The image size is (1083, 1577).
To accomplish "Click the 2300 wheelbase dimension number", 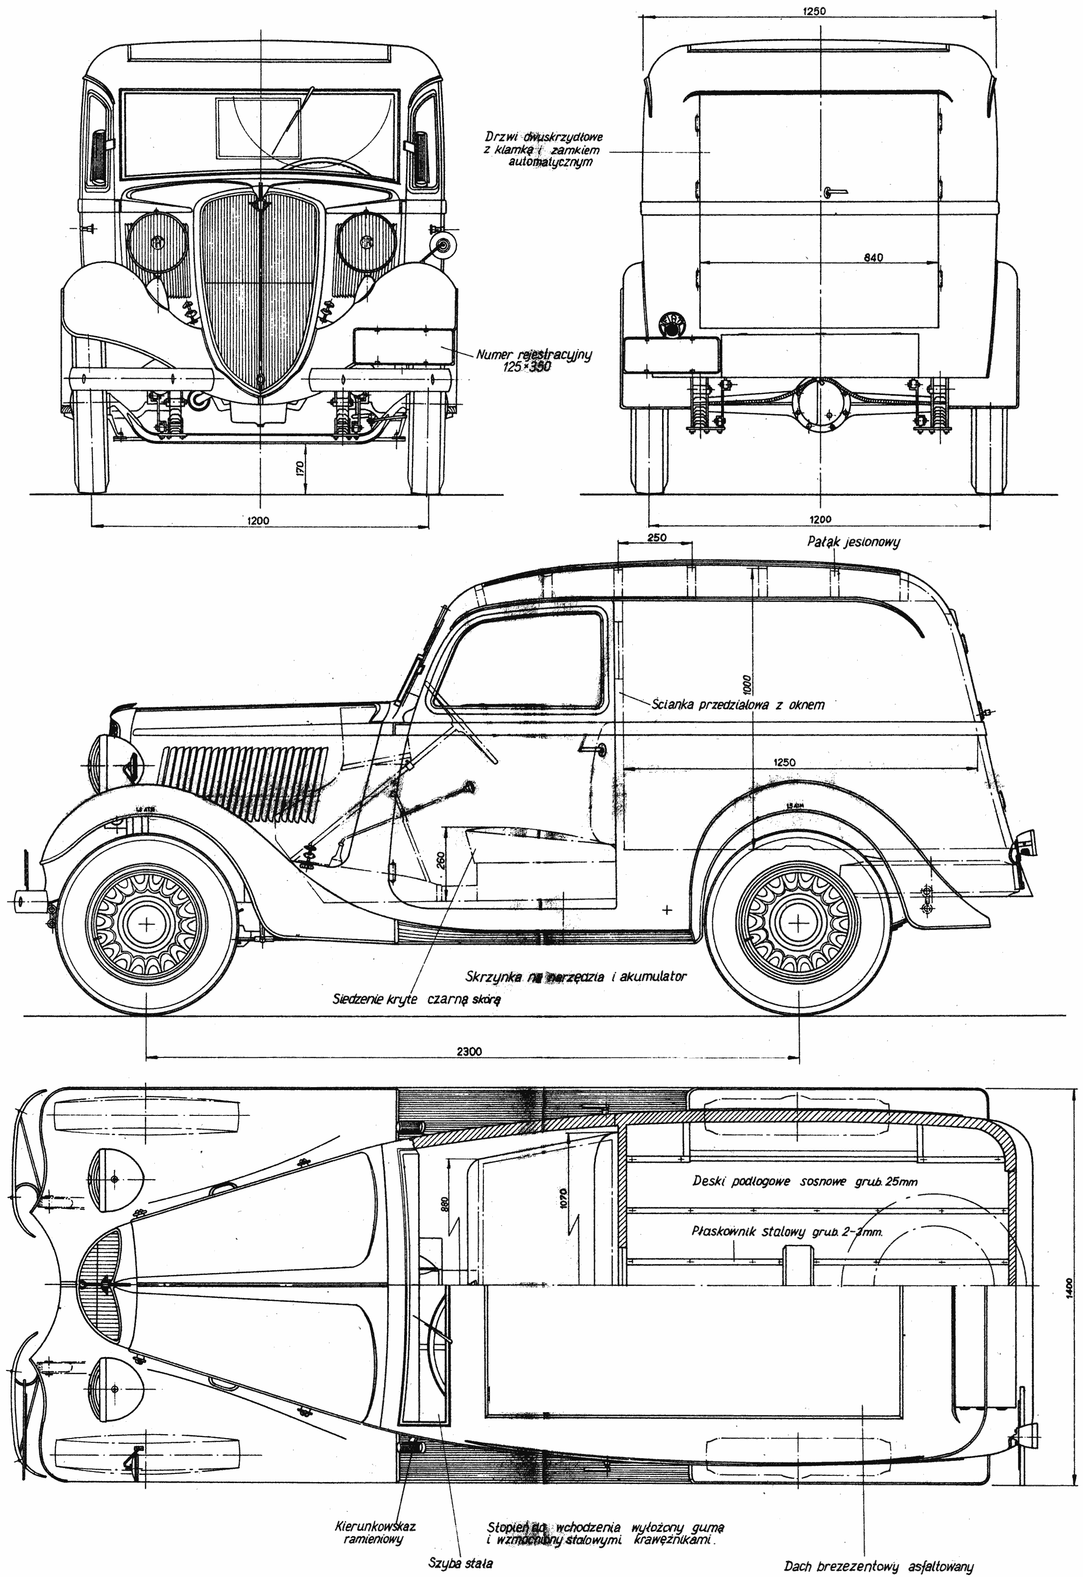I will (x=469, y=1051).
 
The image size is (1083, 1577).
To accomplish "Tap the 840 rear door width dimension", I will (x=873, y=258).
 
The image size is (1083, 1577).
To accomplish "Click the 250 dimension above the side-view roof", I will (x=657, y=537).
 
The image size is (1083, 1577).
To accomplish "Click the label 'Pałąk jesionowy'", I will (x=853, y=542).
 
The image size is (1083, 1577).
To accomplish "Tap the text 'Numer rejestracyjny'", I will (x=534, y=354).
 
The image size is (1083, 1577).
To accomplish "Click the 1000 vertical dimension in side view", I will (x=746, y=681).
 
